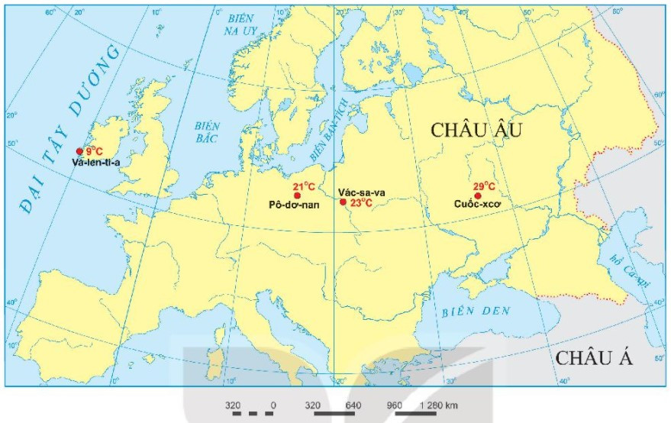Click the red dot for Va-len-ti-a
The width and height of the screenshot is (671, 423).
[79, 151]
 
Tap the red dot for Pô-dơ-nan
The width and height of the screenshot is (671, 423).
[297, 195]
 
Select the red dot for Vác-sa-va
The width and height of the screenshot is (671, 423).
[343, 202]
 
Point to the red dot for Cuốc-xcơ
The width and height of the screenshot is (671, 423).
[478, 195]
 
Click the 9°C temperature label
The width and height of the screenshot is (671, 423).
[94, 151]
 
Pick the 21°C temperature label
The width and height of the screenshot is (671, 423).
[304, 186]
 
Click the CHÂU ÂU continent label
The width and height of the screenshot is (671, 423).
[476, 130]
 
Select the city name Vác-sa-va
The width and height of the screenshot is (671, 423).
[361, 192]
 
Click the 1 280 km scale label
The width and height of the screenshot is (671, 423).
[438, 405]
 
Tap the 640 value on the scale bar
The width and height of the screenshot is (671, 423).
[353, 405]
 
